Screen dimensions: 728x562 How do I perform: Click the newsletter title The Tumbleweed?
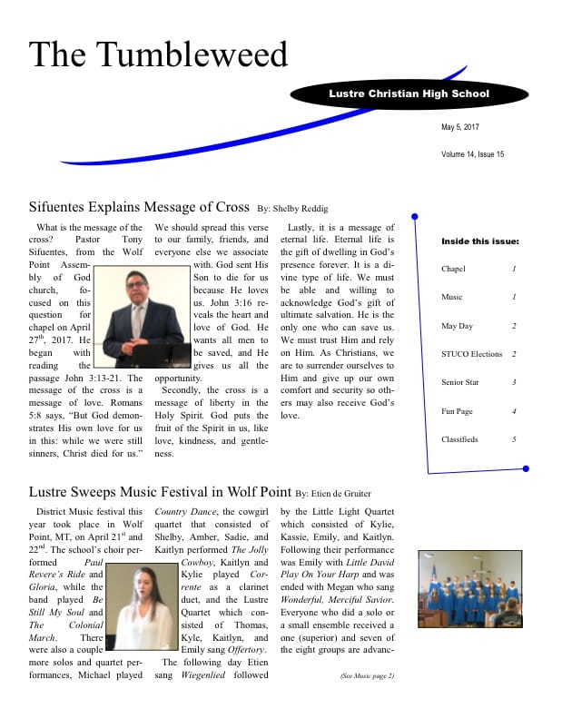coord(158,54)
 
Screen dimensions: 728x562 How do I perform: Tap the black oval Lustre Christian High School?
coord(409,94)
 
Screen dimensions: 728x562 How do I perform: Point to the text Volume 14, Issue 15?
coord(472,154)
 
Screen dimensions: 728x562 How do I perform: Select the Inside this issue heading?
coord(480,241)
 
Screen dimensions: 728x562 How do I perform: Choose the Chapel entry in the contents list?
coord(453,270)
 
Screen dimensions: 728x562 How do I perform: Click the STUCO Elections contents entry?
coord(471,354)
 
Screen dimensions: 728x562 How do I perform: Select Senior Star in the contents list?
coord(460,382)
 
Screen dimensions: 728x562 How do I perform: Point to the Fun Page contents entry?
coord(458,411)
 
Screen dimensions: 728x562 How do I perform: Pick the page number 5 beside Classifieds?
coord(514,439)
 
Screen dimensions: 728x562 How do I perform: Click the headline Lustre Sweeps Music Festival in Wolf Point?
coord(160,492)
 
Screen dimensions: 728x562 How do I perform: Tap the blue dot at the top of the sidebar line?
coord(414,216)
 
